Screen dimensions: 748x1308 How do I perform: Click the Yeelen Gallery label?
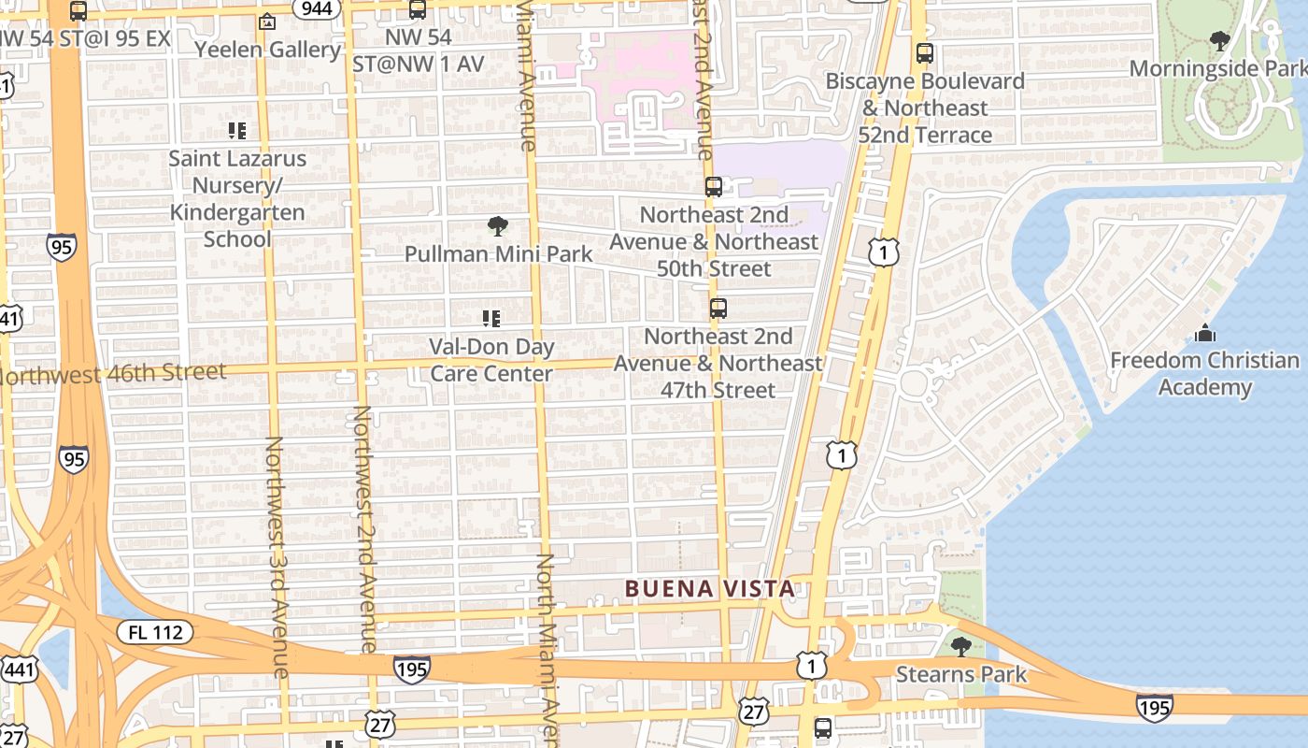[x=268, y=50]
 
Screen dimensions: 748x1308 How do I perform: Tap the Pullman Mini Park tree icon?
[x=498, y=225]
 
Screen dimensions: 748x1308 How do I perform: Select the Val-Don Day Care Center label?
[x=491, y=360]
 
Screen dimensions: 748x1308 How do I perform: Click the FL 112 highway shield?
[x=155, y=632]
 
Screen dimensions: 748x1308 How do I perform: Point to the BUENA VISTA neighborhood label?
[x=710, y=588]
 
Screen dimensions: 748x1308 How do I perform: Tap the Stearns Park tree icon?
[x=960, y=646]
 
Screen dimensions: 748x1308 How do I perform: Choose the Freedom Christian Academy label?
[x=1204, y=374]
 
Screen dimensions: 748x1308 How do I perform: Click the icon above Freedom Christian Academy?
[x=1205, y=333]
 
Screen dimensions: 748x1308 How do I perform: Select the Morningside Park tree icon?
[x=1219, y=40]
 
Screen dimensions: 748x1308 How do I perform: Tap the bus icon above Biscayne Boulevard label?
[x=925, y=53]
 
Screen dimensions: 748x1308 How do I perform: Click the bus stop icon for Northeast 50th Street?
[x=714, y=187]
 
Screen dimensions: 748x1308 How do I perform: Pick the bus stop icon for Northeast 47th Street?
[x=718, y=309]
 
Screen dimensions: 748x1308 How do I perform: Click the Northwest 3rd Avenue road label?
[x=277, y=555]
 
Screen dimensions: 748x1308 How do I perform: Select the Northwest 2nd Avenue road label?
[x=364, y=529]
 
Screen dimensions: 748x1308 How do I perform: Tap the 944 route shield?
[x=317, y=8]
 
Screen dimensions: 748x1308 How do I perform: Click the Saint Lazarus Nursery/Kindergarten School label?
[x=237, y=198]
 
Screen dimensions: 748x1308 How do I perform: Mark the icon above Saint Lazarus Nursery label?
[x=237, y=131]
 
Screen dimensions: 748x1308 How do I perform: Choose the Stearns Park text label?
[x=961, y=674]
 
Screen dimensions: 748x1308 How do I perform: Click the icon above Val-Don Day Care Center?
[x=491, y=319]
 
